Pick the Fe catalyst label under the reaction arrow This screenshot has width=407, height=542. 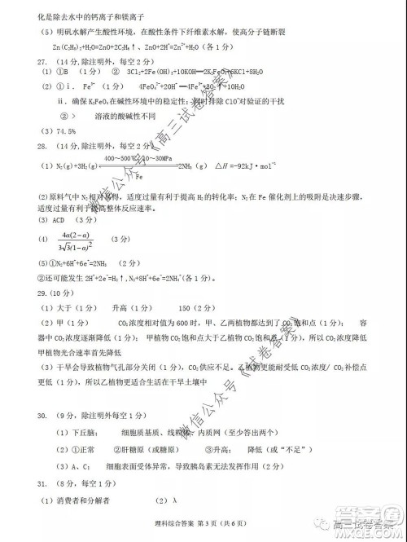coord(139,175)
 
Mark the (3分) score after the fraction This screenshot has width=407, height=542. coord(120,240)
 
